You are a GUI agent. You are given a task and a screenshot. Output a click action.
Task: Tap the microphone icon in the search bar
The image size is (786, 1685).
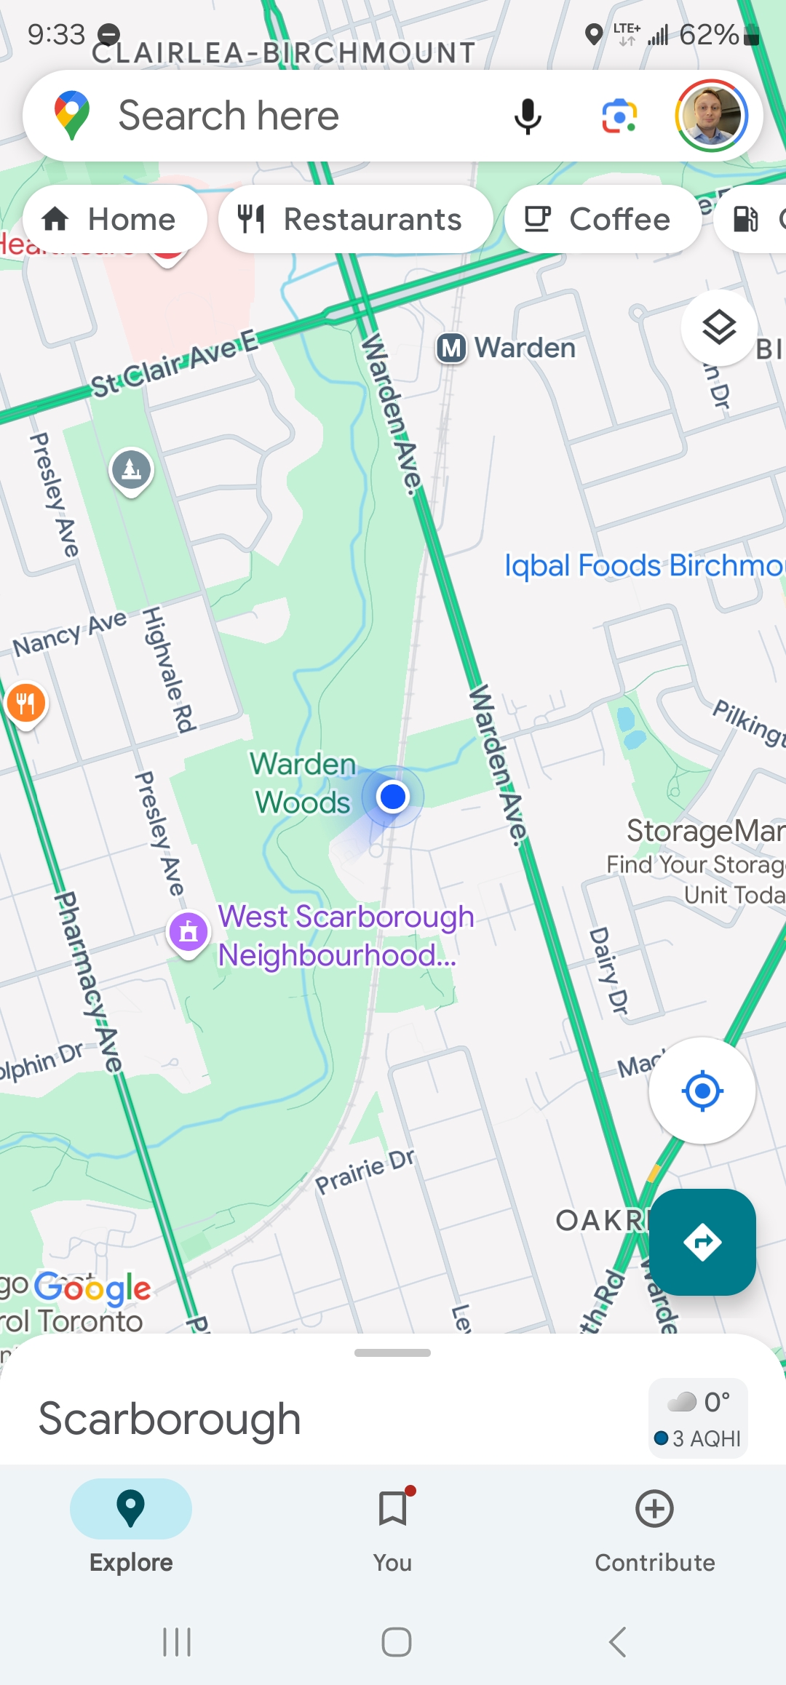528,116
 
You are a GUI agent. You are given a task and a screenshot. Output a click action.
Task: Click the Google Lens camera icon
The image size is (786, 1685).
619,116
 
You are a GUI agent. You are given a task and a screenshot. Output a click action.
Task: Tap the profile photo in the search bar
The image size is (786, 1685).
711,116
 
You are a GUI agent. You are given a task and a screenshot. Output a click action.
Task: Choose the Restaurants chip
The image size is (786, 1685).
355,219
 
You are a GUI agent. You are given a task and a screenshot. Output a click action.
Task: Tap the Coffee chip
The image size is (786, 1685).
603,219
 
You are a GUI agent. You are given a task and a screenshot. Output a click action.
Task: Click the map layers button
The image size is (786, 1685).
719,327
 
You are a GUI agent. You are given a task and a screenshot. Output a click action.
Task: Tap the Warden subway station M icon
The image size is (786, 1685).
451,348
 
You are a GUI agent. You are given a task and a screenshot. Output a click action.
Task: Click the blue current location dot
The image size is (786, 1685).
393,797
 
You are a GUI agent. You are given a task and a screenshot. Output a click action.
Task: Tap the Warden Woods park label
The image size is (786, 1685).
303,784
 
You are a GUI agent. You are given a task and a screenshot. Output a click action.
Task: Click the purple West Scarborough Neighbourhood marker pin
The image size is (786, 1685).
188,931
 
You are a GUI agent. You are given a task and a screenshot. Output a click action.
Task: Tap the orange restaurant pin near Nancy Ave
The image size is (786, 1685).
26,704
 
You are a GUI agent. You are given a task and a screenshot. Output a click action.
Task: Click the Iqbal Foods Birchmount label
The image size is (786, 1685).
644,565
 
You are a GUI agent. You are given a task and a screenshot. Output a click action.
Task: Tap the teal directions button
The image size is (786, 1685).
702,1242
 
